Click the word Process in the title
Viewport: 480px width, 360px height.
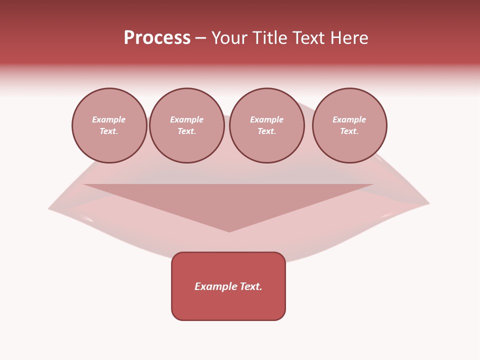(x=157, y=38)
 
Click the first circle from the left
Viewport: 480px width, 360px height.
(x=109, y=125)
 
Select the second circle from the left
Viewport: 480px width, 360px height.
(x=186, y=125)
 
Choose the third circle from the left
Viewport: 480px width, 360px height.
(x=266, y=125)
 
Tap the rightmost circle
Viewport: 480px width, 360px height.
(x=349, y=125)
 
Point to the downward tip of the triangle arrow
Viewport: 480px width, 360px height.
(x=229, y=231)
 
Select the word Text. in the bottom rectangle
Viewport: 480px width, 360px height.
(x=250, y=286)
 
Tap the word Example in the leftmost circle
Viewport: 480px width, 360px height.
(x=109, y=119)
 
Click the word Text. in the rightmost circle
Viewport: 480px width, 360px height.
(x=349, y=131)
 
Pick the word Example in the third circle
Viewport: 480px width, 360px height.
(x=266, y=119)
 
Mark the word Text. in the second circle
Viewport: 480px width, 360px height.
(x=186, y=131)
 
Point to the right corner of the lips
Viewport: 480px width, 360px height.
(x=428, y=203)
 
